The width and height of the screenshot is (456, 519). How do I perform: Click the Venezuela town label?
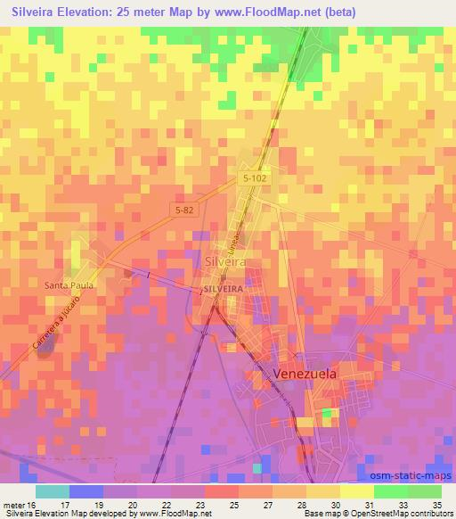tap(305, 375)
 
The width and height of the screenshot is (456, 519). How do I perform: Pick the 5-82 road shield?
tap(184, 208)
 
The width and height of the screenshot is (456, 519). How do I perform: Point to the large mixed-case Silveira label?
tap(225, 262)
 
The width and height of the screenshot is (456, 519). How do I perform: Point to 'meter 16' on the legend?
tap(20, 504)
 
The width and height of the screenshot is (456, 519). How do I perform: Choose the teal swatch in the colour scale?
tap(53, 491)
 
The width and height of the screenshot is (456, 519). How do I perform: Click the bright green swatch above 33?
tap(391, 491)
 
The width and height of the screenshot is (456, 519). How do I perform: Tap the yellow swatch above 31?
tap(357, 491)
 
